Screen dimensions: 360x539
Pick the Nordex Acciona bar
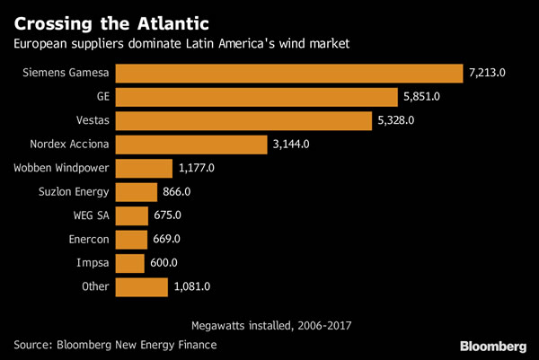[191, 145]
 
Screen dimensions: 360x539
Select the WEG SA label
[91, 215]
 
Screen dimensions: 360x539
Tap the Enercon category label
[87, 240]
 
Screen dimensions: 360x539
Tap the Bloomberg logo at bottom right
[493, 346]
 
